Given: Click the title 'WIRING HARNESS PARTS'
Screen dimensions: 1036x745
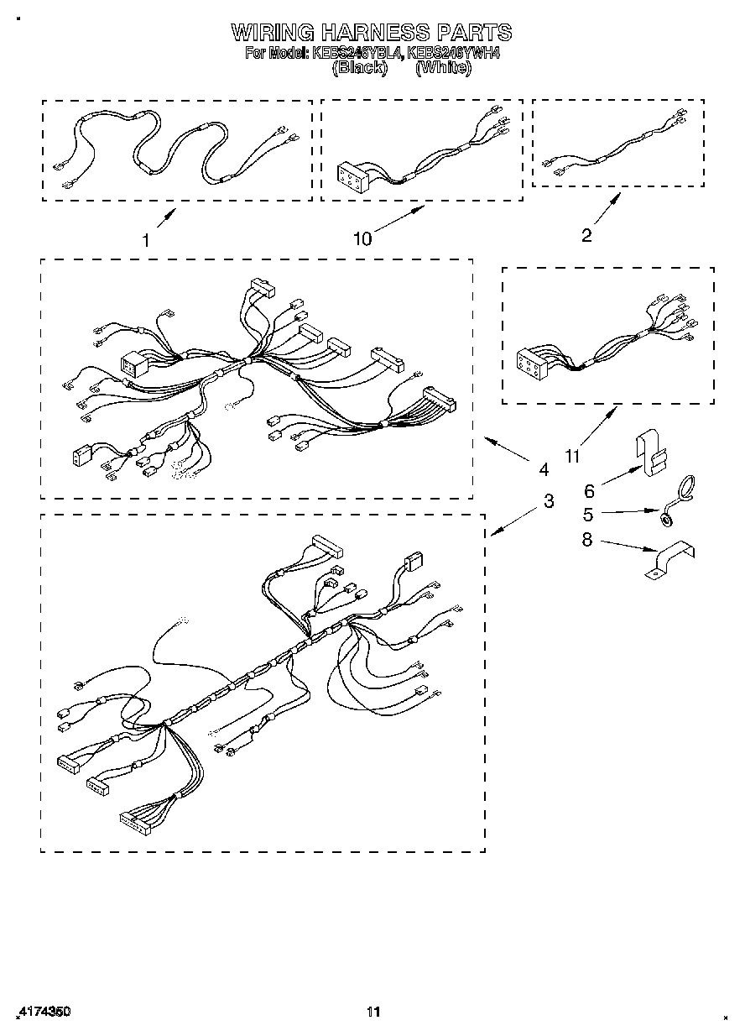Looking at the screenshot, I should coord(371,33).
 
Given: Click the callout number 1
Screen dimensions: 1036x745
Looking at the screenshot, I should coord(146,240).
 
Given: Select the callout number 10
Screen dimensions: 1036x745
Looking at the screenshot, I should coord(362,239).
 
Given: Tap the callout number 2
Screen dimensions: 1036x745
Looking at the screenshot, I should coord(586,236).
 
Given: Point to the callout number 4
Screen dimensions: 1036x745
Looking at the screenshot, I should coord(544,468).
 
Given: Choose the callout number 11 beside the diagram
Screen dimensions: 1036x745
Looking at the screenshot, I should coord(572,457).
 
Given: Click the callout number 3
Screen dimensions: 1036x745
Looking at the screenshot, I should coord(549,501).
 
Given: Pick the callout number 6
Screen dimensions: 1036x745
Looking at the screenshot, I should coord(588,491).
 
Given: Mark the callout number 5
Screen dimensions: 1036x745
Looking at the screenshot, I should coord(588,514).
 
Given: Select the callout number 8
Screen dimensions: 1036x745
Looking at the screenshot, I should coord(587,540).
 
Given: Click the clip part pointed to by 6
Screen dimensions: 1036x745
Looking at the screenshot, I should coord(651,453).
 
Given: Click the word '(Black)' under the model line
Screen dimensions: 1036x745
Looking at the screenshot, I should coord(359,68).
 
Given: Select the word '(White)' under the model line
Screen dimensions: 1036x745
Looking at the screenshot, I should coord(443,68).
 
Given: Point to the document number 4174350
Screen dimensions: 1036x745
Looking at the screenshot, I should coord(42,1012).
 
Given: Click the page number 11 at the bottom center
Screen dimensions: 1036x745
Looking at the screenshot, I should coord(373,1012).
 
